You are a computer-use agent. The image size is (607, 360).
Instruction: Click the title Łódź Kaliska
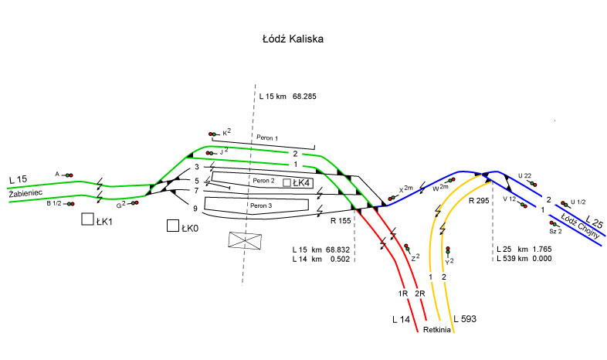293,39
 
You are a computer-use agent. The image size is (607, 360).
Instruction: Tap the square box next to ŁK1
87,219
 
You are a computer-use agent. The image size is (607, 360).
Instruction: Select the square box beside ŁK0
173,226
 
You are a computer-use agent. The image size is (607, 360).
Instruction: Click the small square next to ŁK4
287,183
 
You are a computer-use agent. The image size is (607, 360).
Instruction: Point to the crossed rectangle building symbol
245,240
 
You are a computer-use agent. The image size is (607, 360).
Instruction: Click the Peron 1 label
267,138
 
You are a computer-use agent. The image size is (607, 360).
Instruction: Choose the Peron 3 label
261,205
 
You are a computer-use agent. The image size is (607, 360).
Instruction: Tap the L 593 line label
465,319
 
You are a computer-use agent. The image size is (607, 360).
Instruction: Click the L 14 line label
401,319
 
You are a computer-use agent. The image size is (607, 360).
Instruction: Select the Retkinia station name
436,330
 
